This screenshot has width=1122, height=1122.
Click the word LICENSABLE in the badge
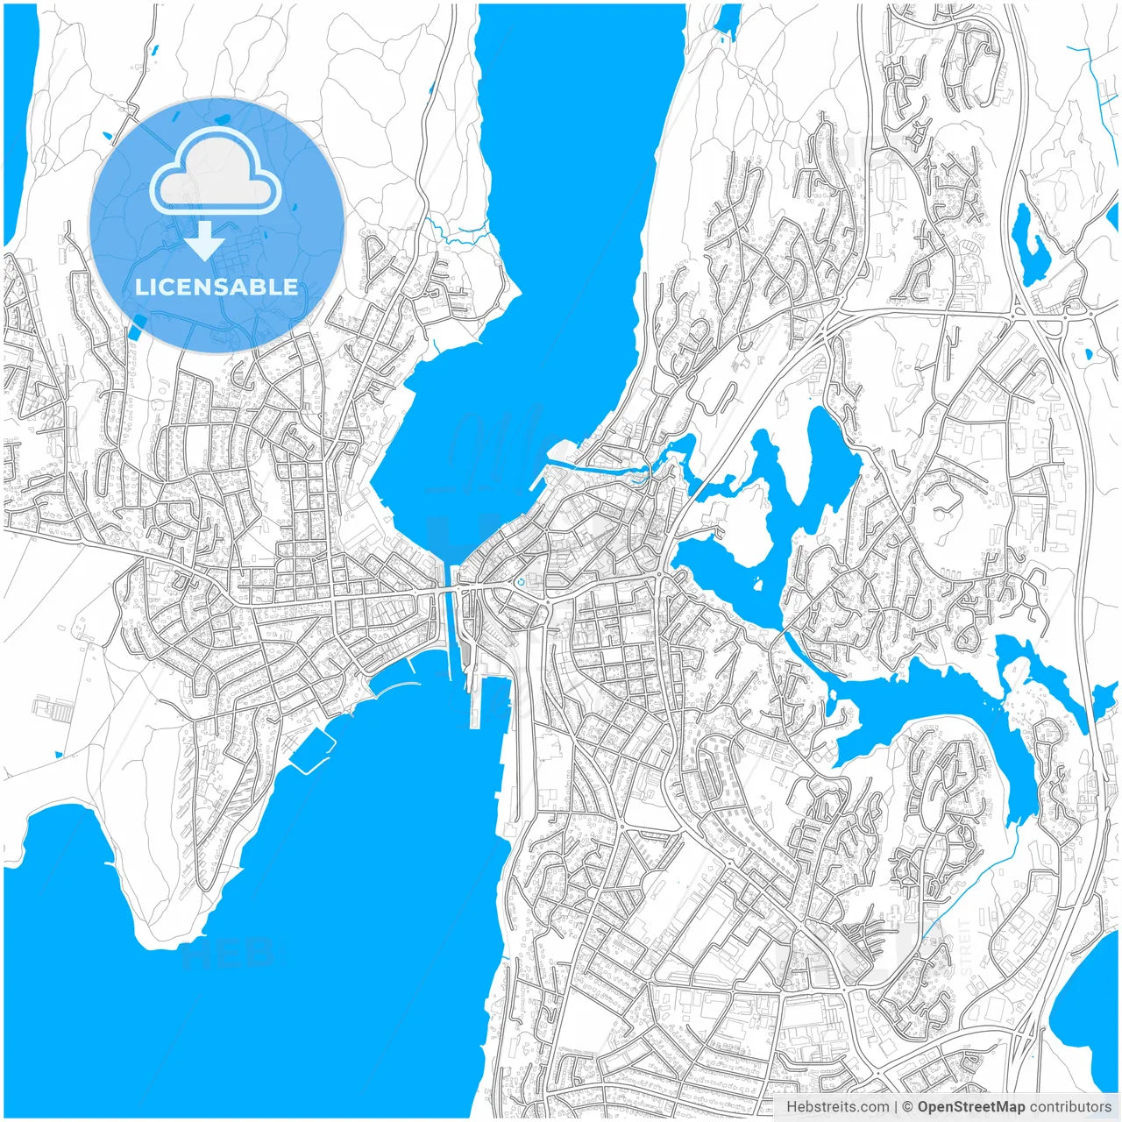click(x=217, y=287)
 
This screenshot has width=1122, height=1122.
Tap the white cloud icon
click(x=216, y=173)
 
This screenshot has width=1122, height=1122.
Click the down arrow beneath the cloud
click(x=205, y=241)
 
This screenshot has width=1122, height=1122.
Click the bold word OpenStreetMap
click(x=970, y=1107)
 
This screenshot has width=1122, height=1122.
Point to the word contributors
click(x=1070, y=1107)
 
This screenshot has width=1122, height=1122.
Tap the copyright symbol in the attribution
click(x=908, y=1107)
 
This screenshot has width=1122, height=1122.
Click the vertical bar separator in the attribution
click(x=896, y=1107)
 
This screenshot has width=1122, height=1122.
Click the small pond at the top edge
click(x=728, y=19)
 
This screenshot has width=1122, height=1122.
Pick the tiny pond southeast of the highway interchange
click(x=1089, y=355)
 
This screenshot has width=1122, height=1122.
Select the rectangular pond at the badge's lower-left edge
click(x=138, y=328)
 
